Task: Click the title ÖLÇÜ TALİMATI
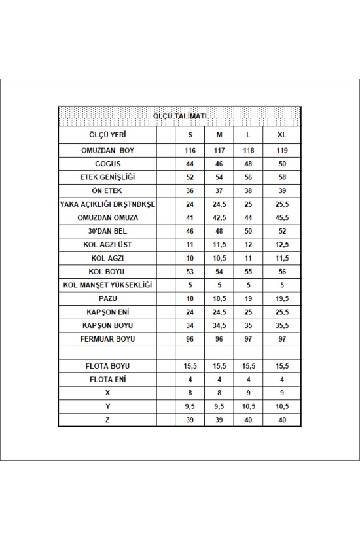pyautogui.click(x=179, y=116)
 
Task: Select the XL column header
pyautogui.click(x=281, y=135)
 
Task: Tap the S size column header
pyautogui.click(x=190, y=135)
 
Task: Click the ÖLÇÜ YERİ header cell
pyautogui.click(x=107, y=135)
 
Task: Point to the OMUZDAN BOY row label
pyautogui.click(x=107, y=151)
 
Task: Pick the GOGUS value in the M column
pyautogui.click(x=219, y=164)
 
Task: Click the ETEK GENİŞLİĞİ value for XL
pyautogui.click(x=281, y=177)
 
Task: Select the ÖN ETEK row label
pyautogui.click(x=107, y=191)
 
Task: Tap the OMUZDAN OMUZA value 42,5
pyautogui.click(x=219, y=218)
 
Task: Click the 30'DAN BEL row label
pyautogui.click(x=107, y=232)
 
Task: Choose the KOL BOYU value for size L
pyautogui.click(x=248, y=272)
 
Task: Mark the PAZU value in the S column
pyautogui.click(x=190, y=298)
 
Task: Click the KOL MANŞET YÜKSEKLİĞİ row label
pyautogui.click(x=107, y=285)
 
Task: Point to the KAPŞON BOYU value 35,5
pyautogui.click(x=281, y=325)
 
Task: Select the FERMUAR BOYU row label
pyautogui.click(x=107, y=339)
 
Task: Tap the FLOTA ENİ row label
pyautogui.click(x=107, y=380)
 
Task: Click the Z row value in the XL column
pyautogui.click(x=281, y=420)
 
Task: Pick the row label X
pyautogui.click(x=107, y=393)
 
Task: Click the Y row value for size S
pyautogui.click(x=190, y=406)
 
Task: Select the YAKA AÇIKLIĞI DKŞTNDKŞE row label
pyautogui.click(x=107, y=204)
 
